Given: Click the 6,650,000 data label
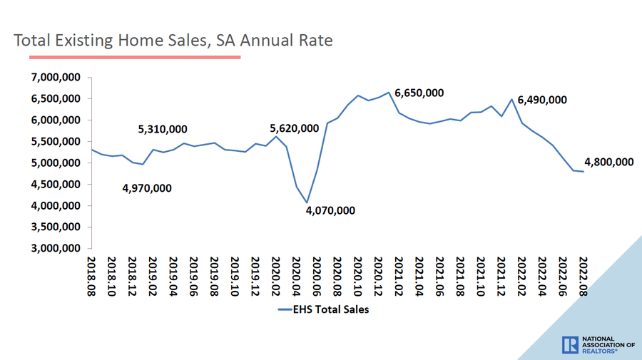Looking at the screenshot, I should coord(419,93).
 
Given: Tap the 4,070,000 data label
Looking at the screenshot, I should coord(330,211).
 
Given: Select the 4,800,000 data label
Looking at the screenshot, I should coord(608,162).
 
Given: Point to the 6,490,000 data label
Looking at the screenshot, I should coord(542,100).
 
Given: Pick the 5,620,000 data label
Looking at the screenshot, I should coord(294,128).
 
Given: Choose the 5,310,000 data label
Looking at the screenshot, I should coord(163,129).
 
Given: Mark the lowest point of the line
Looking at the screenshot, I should coord(307,202).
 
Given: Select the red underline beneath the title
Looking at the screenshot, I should coord(127,56).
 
